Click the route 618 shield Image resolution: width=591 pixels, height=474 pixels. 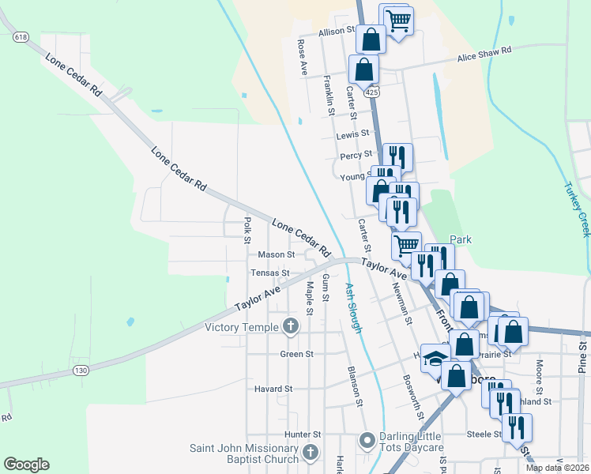click(21, 37)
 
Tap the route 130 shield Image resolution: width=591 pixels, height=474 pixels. click(80, 370)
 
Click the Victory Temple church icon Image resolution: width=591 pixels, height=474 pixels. click(291, 326)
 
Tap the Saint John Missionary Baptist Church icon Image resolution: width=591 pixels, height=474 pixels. click(311, 453)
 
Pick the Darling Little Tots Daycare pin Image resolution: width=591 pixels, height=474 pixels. click(367, 439)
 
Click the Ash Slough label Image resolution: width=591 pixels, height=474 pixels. click(353, 308)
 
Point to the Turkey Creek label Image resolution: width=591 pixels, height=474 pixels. click(577, 209)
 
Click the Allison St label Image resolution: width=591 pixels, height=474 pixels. click(337, 32)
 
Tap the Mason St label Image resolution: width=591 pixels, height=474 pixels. click(276, 255)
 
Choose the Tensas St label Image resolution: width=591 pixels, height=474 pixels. click(270, 273)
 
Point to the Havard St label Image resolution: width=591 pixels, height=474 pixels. click(273, 389)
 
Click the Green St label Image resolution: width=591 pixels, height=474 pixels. click(297, 355)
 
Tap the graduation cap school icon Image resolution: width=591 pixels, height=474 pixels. click(435, 359)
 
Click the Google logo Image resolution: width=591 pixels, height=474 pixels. click(26, 465)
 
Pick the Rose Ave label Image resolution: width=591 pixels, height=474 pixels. click(303, 58)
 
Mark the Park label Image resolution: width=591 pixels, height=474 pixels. click(461, 239)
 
